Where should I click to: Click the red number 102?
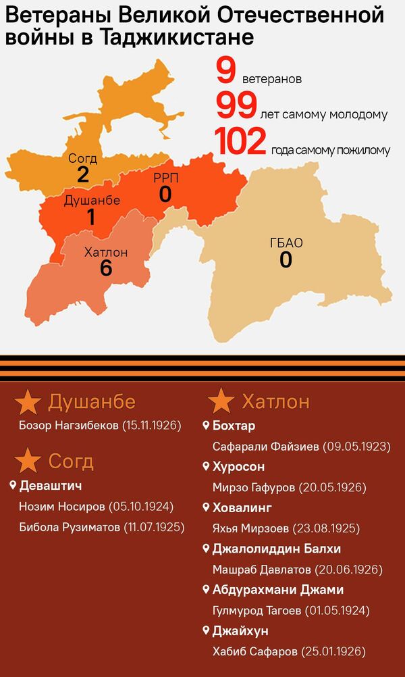click(240, 143)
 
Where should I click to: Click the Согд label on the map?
click(83, 159)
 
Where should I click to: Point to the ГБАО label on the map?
click(286, 243)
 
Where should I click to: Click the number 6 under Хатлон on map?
click(105, 268)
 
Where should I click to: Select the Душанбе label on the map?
click(92, 201)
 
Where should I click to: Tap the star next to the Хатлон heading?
click(221, 401)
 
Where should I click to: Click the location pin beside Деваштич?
click(13, 485)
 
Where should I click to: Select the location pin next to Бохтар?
click(206, 426)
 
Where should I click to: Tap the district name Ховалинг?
click(242, 507)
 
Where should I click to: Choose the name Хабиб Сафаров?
click(253, 651)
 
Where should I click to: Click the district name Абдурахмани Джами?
click(277, 590)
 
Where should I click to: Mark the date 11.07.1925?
click(153, 526)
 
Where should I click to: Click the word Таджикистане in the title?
click(176, 38)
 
